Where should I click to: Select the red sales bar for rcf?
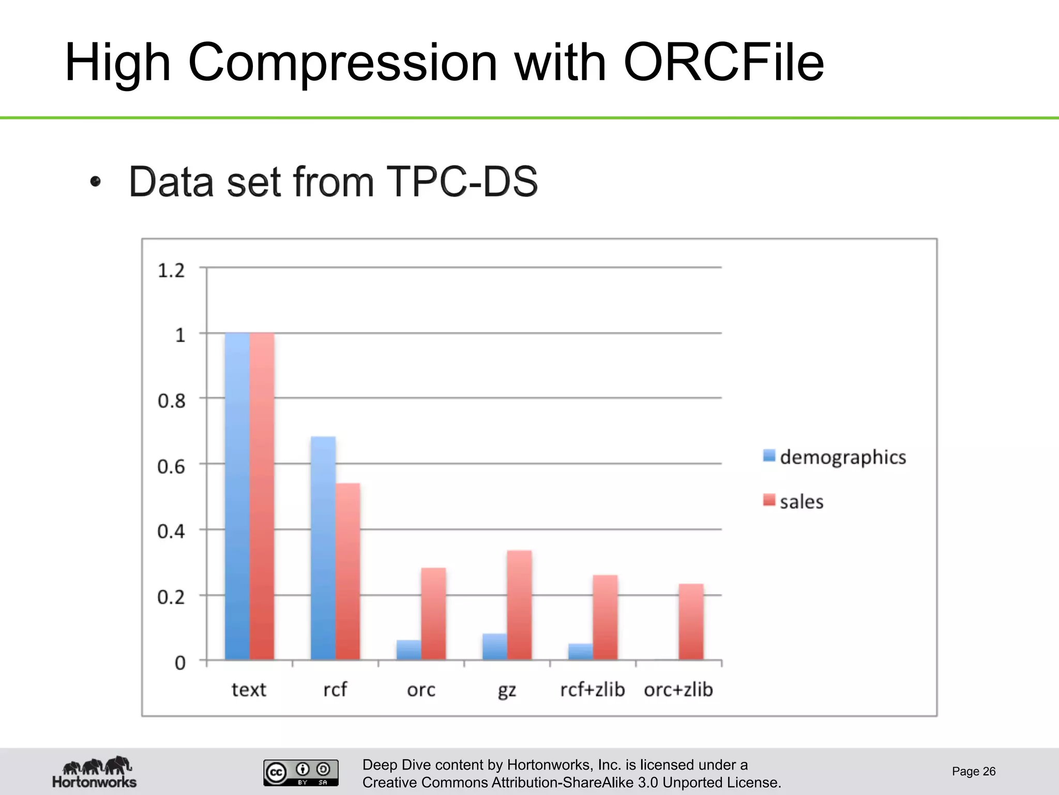[x=347, y=571]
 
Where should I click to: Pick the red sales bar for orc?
[x=433, y=614]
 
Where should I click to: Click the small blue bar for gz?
[x=494, y=646]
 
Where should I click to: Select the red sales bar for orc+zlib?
[x=691, y=622]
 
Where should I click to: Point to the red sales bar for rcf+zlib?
[x=605, y=617]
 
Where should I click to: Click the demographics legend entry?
[x=835, y=457]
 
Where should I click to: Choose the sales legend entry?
[x=794, y=502]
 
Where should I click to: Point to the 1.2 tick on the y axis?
[x=171, y=271]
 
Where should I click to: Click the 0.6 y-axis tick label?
[x=171, y=467]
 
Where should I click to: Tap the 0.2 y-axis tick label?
[x=171, y=597]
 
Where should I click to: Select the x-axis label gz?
[x=507, y=690]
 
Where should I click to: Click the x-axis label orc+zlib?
[x=678, y=689]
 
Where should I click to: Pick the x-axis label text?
[x=249, y=689]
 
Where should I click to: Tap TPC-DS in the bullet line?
[x=462, y=182]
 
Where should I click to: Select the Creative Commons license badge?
[x=301, y=773]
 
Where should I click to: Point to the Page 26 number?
[x=973, y=771]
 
